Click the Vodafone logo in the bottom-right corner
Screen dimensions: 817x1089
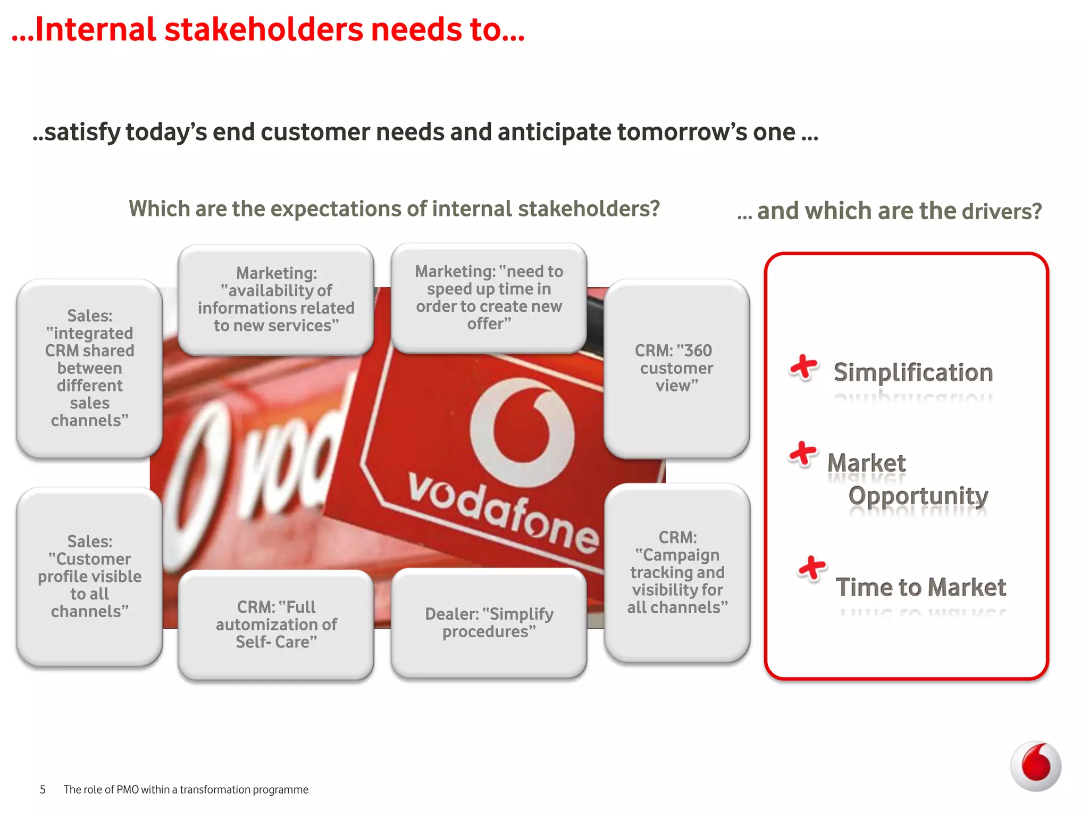[x=1035, y=766]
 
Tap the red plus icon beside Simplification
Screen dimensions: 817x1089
[x=803, y=368]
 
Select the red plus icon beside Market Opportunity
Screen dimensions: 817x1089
[x=802, y=454]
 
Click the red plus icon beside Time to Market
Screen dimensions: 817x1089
[x=812, y=569]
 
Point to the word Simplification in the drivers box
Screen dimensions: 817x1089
[x=913, y=372]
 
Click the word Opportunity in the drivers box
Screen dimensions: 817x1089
[x=918, y=496]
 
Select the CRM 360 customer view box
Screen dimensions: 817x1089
[x=676, y=368]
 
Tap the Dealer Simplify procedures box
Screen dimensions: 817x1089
[x=489, y=623]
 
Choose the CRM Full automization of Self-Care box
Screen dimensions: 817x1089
[x=276, y=624]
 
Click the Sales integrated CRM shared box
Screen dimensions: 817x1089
[x=89, y=368]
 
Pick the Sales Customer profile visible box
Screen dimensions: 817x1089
[x=89, y=577]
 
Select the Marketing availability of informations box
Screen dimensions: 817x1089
[x=276, y=299]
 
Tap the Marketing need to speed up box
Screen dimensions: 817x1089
[x=489, y=298]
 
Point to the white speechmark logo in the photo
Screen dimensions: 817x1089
[x=522, y=432]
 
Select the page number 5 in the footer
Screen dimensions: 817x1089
[x=43, y=790]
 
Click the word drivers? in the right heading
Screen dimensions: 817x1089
[x=1001, y=212]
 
